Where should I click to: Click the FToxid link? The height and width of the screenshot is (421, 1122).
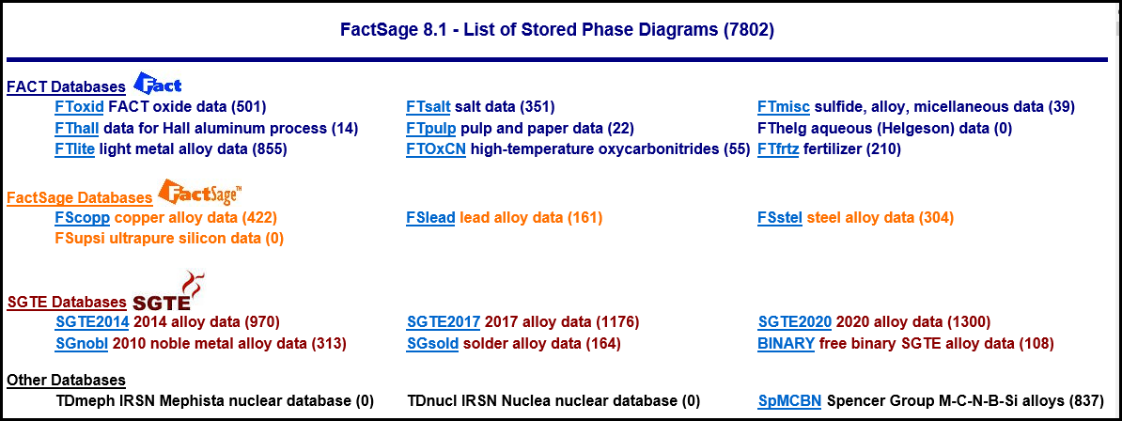(x=80, y=107)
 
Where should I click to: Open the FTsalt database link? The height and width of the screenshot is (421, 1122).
(x=428, y=107)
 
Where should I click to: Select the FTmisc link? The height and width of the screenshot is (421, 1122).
(x=784, y=107)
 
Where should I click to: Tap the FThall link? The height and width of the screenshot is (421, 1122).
(x=77, y=128)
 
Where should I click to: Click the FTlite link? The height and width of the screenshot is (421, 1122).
(x=75, y=148)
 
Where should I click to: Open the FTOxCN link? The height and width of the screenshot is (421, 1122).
(x=437, y=148)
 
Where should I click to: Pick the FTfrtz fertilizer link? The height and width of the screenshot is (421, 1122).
(x=778, y=148)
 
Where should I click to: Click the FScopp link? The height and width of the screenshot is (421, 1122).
(x=83, y=217)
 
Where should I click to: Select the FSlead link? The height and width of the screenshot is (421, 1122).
(x=430, y=217)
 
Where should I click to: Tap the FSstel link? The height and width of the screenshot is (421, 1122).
(x=780, y=217)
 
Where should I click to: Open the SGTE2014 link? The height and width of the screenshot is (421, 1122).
(x=92, y=322)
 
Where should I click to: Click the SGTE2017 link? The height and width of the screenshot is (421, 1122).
(x=444, y=322)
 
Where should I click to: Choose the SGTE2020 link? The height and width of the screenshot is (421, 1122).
(x=795, y=322)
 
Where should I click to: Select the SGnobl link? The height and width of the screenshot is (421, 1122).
(x=82, y=344)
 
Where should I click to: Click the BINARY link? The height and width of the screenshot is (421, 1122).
(x=786, y=344)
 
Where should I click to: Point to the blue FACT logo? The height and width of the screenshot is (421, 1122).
(x=158, y=83)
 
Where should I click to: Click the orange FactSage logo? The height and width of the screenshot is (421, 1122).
(x=200, y=192)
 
